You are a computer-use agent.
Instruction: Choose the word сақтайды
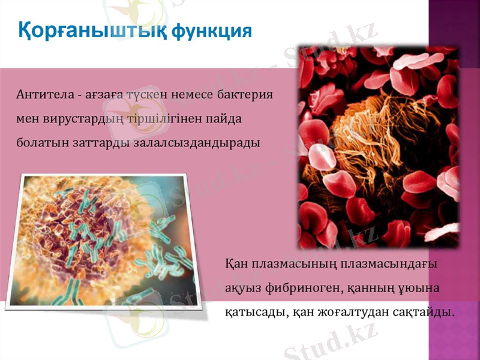point(425,313)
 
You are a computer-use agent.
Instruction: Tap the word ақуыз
point(242,289)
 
